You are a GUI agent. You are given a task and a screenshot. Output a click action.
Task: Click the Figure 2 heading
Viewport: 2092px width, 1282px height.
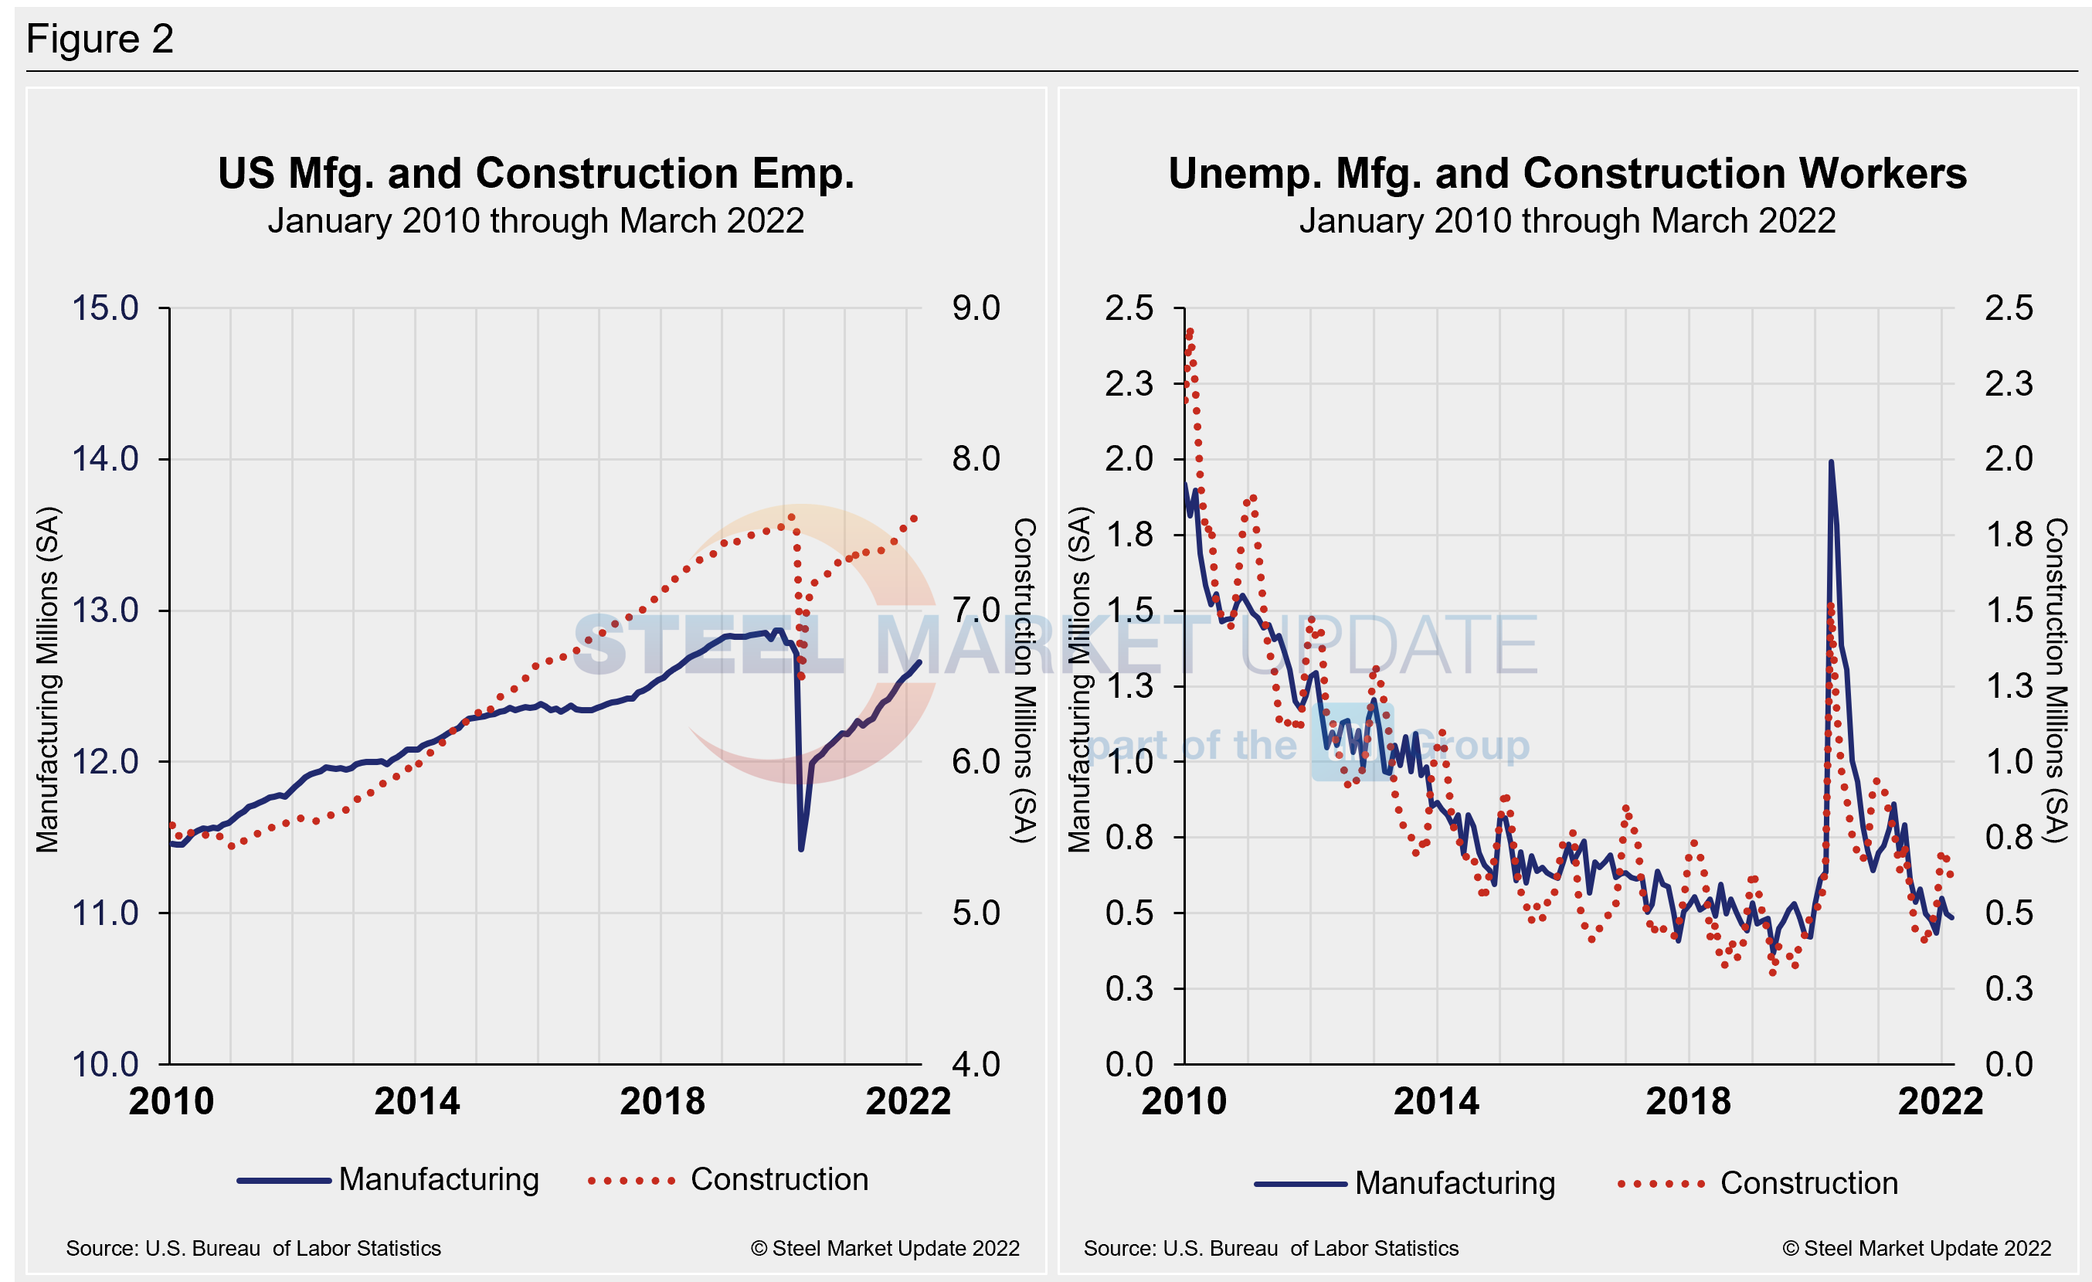pos(100,39)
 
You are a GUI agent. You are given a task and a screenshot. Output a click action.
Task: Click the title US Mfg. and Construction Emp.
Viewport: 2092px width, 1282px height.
pos(535,173)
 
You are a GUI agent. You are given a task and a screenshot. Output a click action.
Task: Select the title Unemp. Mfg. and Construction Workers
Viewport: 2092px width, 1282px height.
pos(1567,173)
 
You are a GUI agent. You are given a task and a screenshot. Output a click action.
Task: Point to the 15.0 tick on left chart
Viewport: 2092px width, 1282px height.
pos(105,308)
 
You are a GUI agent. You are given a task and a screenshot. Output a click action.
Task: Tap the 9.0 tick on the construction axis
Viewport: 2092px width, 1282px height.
pos(976,308)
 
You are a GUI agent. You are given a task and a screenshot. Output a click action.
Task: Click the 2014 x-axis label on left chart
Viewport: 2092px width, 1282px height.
pos(417,1101)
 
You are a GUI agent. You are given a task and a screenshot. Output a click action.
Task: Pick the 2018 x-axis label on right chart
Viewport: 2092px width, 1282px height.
pos(1688,1101)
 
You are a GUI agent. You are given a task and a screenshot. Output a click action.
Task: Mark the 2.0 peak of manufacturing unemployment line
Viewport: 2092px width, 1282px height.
pos(1831,463)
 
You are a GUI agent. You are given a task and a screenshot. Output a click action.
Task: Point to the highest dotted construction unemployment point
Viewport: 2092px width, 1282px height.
pos(1190,331)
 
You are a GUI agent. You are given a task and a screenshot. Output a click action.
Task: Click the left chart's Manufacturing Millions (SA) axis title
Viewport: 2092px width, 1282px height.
pos(48,679)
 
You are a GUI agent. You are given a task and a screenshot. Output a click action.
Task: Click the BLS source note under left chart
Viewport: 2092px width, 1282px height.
pos(253,1248)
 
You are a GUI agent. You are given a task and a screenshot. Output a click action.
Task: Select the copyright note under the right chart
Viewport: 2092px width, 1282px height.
pos(1917,1248)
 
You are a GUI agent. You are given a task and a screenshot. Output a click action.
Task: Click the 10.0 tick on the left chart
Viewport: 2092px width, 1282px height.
pos(105,1064)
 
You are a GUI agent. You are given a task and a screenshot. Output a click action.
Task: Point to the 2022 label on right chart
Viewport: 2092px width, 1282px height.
pos(1940,1101)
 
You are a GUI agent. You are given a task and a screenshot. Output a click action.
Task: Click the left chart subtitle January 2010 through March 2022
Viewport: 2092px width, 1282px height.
pos(535,221)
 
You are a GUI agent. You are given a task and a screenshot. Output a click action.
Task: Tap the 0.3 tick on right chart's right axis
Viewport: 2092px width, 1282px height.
pos(2009,988)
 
